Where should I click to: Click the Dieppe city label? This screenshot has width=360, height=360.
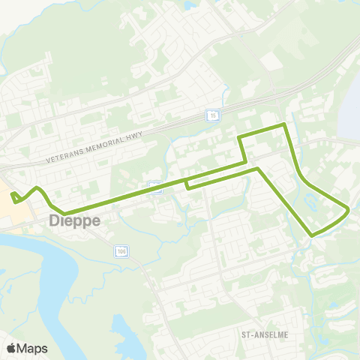click(74, 221)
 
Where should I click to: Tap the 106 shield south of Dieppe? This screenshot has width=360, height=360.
click(121, 251)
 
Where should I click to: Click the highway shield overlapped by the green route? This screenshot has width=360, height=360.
click(155, 186)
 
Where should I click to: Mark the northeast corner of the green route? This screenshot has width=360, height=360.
click(285, 123)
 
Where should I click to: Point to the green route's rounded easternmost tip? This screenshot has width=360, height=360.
click(349, 210)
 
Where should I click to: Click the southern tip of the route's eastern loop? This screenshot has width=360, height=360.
click(312, 235)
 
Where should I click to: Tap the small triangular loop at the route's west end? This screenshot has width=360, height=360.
click(15, 198)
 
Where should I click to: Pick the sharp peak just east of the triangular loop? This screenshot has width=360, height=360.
click(37, 187)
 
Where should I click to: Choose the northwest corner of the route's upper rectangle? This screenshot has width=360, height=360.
click(239, 137)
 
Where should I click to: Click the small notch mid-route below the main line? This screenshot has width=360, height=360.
click(186, 184)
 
